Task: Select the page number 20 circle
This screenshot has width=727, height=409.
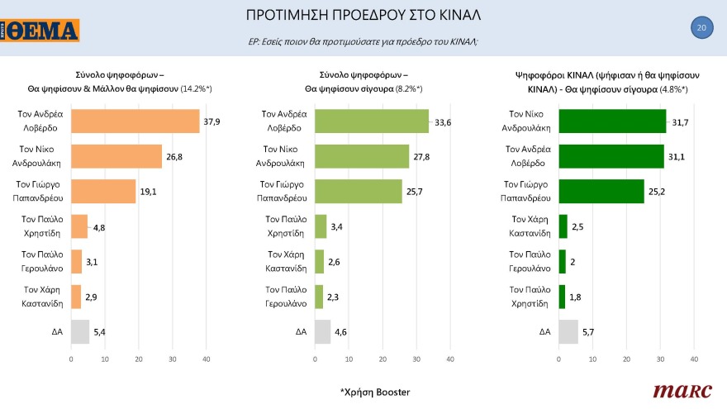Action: [x=701, y=28]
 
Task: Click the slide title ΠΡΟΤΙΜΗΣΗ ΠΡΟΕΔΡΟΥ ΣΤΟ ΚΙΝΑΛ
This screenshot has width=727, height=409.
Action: [x=363, y=16]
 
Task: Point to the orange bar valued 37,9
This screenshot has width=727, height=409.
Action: [x=135, y=121]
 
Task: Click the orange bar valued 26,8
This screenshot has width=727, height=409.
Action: [x=116, y=156]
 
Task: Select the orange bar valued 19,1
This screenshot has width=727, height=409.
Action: [x=103, y=191]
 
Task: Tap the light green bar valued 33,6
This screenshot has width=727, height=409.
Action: [x=372, y=121]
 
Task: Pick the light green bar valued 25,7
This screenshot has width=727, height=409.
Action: [x=359, y=191]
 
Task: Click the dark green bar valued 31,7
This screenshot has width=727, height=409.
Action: [x=612, y=121]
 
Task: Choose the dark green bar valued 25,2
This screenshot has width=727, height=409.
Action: [x=601, y=191]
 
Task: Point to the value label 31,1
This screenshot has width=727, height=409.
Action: [x=676, y=156]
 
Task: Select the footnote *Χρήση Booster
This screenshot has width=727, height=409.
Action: [x=374, y=391]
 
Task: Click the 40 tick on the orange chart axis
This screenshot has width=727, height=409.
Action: [x=207, y=359]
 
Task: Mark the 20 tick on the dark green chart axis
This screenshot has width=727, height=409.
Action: [x=626, y=359]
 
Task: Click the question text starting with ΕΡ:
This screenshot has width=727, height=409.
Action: [x=363, y=41]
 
